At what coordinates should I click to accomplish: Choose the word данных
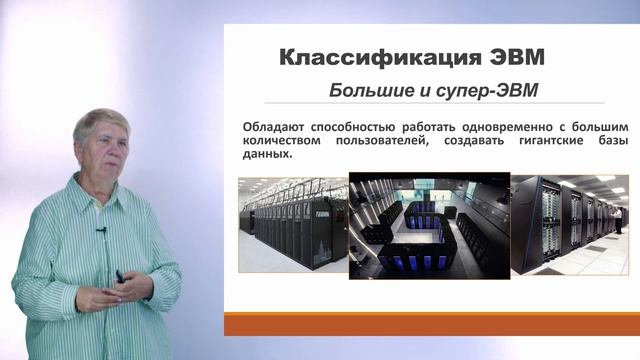(x=264, y=155)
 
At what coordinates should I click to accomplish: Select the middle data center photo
(x=428, y=223)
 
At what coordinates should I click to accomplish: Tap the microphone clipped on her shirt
(x=101, y=231)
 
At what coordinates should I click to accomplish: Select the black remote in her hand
(x=118, y=276)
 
